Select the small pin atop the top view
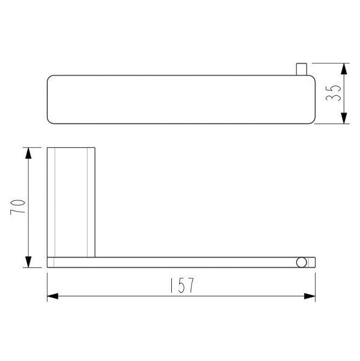click(x=301, y=69)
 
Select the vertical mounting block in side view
click(x=71, y=201)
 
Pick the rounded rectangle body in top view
click(x=180, y=99)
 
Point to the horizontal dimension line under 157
click(x=120, y=296)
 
